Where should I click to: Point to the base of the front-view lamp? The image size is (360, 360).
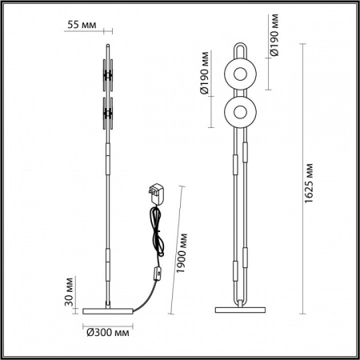pyautogui.click(x=239, y=307)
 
